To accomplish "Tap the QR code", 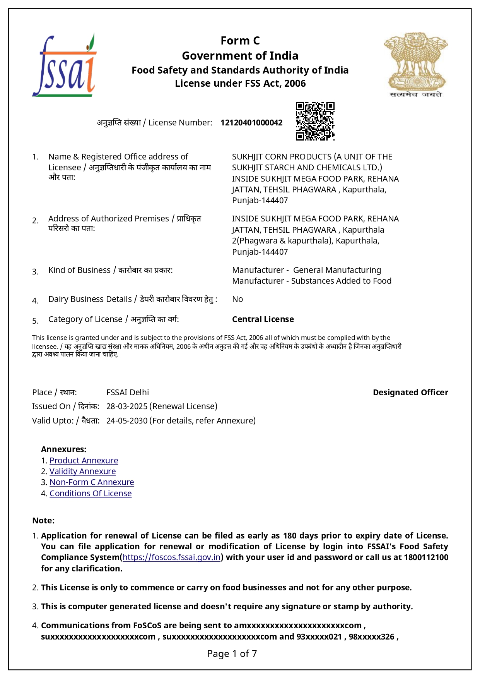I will coord(315,121).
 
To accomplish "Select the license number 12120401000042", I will coord(251,123).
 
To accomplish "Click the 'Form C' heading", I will coord(240,41).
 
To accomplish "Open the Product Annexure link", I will coord(84,461).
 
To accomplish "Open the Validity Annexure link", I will coord(82,472).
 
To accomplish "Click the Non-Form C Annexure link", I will coord(92,482).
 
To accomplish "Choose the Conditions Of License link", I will coord(91,494).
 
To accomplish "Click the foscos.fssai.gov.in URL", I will coord(171,557).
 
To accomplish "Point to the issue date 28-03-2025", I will coord(127,406).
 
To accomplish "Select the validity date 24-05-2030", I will coord(127,421).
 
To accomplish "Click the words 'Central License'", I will coord(263,319).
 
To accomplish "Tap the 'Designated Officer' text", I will coord(410,393).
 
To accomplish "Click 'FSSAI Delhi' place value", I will coord(128,393).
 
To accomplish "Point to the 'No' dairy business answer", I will coord(237,299).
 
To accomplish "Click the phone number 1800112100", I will coord(426,557).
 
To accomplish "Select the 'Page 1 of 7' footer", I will coord(232,654).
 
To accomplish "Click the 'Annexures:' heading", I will coord(64,449).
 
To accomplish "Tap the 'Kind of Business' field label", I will coord(79,270).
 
